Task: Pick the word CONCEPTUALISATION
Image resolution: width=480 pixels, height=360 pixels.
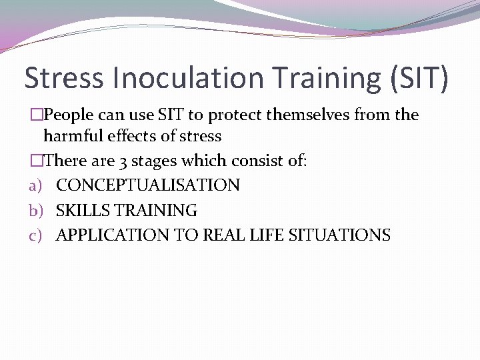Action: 147,185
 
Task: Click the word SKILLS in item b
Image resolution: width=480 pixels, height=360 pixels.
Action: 83,210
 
